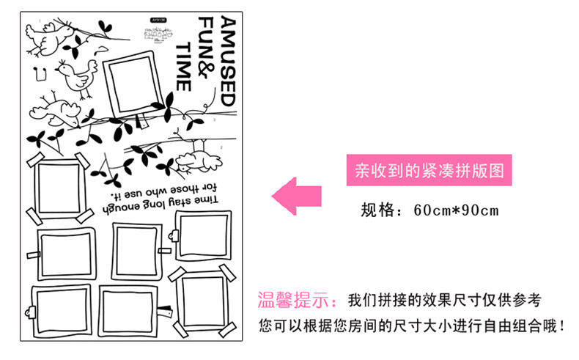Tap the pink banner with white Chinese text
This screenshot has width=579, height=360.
[429, 172]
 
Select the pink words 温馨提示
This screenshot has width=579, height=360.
[298, 301]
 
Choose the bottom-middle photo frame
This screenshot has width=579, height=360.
[129, 312]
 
